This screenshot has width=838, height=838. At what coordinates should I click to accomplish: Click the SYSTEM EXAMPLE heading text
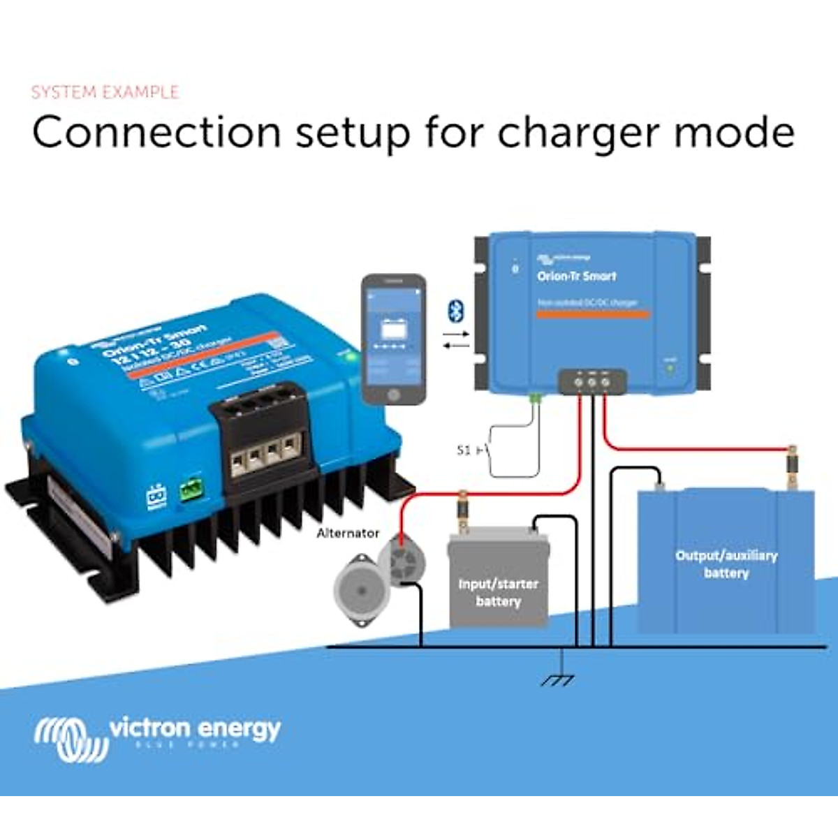coord(105,92)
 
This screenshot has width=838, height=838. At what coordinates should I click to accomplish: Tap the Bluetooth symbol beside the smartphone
coord(456,311)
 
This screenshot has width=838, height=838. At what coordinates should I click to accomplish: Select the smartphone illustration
coord(393,339)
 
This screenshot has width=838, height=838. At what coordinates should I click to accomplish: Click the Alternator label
coord(348,533)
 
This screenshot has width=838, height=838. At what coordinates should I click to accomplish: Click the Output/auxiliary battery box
coord(726,563)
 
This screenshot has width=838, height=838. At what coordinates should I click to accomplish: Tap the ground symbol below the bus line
coord(559,679)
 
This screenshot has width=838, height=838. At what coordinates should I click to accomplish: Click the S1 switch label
coord(464,450)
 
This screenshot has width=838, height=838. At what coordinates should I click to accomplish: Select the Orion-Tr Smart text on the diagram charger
coord(577,276)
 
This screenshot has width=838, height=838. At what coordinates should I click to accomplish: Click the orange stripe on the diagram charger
coord(593,315)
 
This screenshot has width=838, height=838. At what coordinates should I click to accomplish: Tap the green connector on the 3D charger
coord(189,490)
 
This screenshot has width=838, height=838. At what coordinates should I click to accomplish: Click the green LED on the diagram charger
coord(670,367)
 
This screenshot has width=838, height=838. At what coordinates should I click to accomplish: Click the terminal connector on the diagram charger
coord(592,382)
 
